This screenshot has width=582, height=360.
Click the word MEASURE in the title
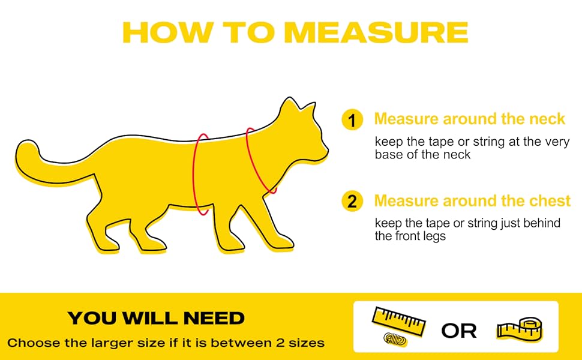tap(377, 32)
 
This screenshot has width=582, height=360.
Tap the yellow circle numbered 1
tap(352, 120)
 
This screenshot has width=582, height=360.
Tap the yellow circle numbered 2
tap(352, 201)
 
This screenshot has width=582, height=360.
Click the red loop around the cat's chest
tap(193, 175)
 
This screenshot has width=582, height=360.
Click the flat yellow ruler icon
tap(398, 321)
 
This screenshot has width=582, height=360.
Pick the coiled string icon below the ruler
tap(395, 339)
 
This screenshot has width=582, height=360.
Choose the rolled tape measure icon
tap(520, 328)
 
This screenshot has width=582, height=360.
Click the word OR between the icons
tap(459, 331)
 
